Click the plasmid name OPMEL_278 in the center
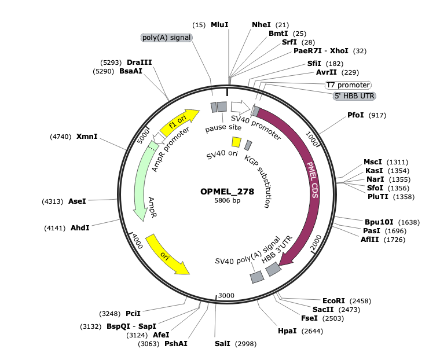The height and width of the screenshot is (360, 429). coord(227,192)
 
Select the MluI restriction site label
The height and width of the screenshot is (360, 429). coord(219,25)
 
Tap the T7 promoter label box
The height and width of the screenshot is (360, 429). coord(348,85)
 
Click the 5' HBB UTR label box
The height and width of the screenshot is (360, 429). coord(354,96)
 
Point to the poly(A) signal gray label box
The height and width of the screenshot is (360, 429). coord(166,38)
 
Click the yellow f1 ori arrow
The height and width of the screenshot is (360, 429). coord(179,122)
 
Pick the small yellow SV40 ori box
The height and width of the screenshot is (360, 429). coord(236,142)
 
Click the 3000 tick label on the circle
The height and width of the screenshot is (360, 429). coord(226,295)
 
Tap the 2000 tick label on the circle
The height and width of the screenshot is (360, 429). coord(316,243)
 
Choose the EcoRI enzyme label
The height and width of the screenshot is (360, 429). coord(333,301)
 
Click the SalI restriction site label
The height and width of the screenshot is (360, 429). coord(222,344)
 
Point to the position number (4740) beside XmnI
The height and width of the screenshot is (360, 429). coord(60,137)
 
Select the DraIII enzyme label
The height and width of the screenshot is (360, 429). coord(140,63)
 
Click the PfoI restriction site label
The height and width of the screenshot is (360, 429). coord(355,115)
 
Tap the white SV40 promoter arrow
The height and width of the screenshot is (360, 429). coord(240,107)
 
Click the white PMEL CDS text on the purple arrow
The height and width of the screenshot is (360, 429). coord(313,180)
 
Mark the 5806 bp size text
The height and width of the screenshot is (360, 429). coord(228,200)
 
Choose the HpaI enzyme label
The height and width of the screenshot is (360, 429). coord(287,331)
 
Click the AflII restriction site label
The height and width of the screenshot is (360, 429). coord(369,240)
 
